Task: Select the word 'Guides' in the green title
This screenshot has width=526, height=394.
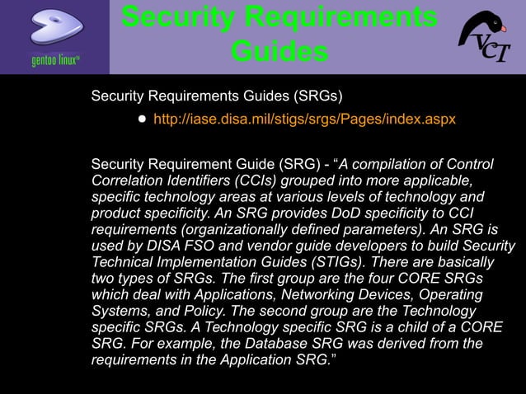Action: coord(279,52)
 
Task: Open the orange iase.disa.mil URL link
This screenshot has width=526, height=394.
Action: coord(304,120)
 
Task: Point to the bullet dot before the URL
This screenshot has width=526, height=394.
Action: coord(142,120)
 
